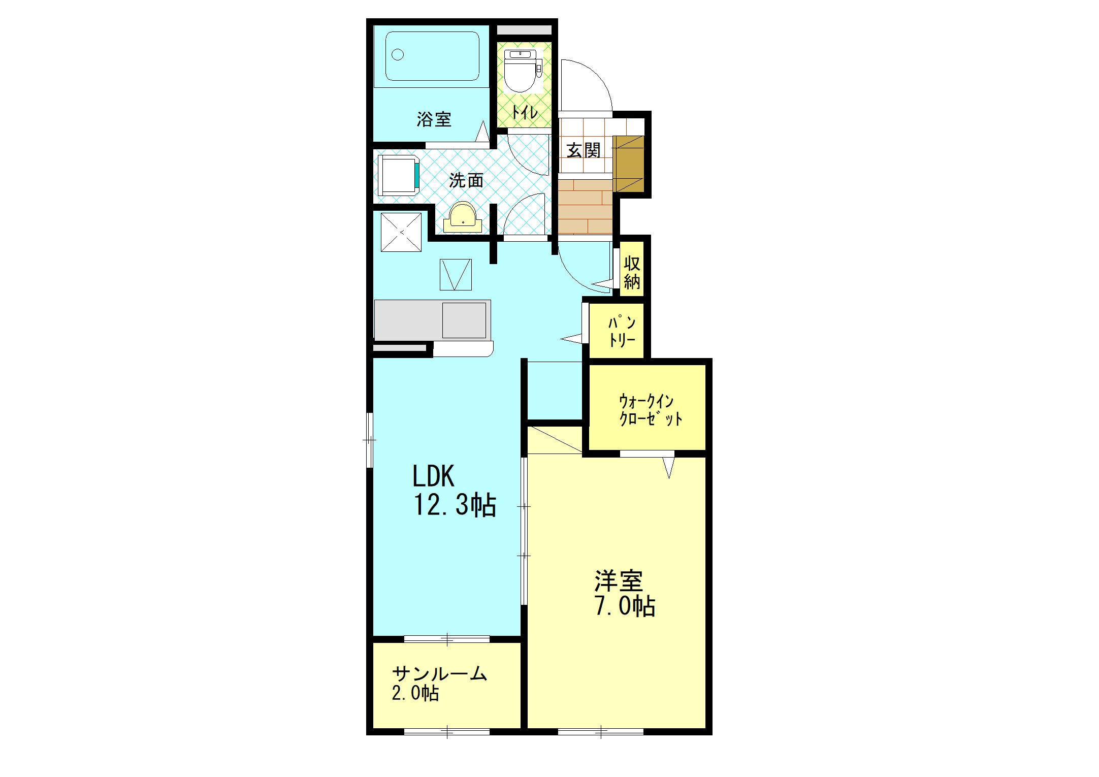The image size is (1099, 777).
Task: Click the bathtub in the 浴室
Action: pyautogui.click(x=433, y=56)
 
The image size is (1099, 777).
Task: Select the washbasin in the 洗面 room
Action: pyautogui.click(x=463, y=217)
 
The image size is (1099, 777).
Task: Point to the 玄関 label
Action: pyautogui.click(x=584, y=150)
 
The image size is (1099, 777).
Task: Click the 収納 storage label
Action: pyautogui.click(x=632, y=273)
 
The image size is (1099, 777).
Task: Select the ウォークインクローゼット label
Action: pyautogui.click(x=650, y=410)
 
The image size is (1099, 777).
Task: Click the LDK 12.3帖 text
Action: pyautogui.click(x=454, y=491)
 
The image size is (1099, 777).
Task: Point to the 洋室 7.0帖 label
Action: pyautogui.click(x=625, y=593)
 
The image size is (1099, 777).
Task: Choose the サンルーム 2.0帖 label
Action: pyautogui.click(x=439, y=683)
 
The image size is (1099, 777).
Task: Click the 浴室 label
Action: pyautogui.click(x=434, y=119)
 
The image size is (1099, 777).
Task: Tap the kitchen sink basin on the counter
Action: pyautogui.click(x=464, y=320)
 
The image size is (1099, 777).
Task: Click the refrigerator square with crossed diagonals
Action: pyautogui.click(x=401, y=232)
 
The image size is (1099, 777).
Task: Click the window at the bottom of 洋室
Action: pyautogui.click(x=601, y=732)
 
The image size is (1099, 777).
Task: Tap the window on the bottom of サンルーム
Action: pyautogui.click(x=447, y=732)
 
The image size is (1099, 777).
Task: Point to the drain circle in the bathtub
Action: pyautogui.click(x=398, y=54)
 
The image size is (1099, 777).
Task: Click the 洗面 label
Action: pyautogui.click(x=466, y=180)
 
